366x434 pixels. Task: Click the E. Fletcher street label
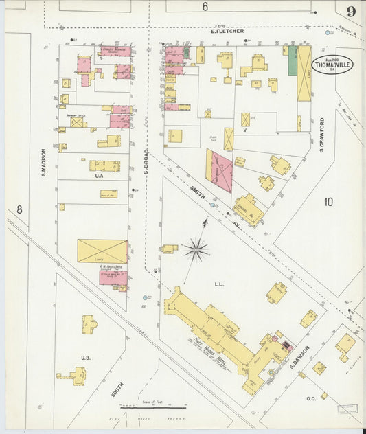pyautogui.click(x=227, y=31)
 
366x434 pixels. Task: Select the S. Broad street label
pyautogui.click(x=146, y=161)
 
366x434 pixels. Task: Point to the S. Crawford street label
pyautogui.click(x=321, y=135)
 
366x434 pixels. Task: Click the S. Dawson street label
pyautogui.click(x=301, y=356)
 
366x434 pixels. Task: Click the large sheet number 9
pyautogui.click(x=351, y=11)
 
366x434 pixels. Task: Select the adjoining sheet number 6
pyautogui.click(x=205, y=8)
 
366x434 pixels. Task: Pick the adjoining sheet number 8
pyautogui.click(x=19, y=209)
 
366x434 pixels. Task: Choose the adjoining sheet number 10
pyautogui.click(x=328, y=201)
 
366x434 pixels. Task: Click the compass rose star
pyautogui.click(x=196, y=250)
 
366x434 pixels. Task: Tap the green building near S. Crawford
pyautogui.click(x=292, y=61)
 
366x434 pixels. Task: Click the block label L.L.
pyautogui.click(x=219, y=282)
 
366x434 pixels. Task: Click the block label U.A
pyautogui.click(x=99, y=175)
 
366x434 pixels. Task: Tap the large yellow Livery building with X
pyautogui.click(x=102, y=251)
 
